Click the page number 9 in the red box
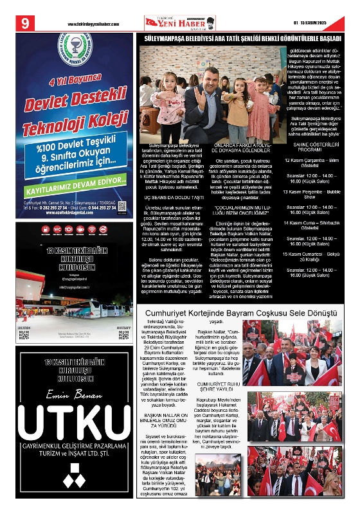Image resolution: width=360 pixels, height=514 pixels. click(x=26, y=24)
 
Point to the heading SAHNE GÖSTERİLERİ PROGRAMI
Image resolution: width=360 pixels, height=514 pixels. click(x=315, y=146)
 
